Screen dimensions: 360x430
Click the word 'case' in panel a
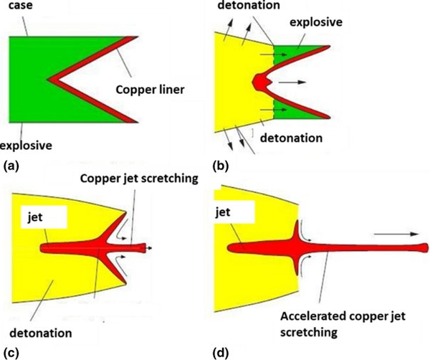click(x=17, y=7)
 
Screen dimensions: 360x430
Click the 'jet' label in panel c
click(x=35, y=213)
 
